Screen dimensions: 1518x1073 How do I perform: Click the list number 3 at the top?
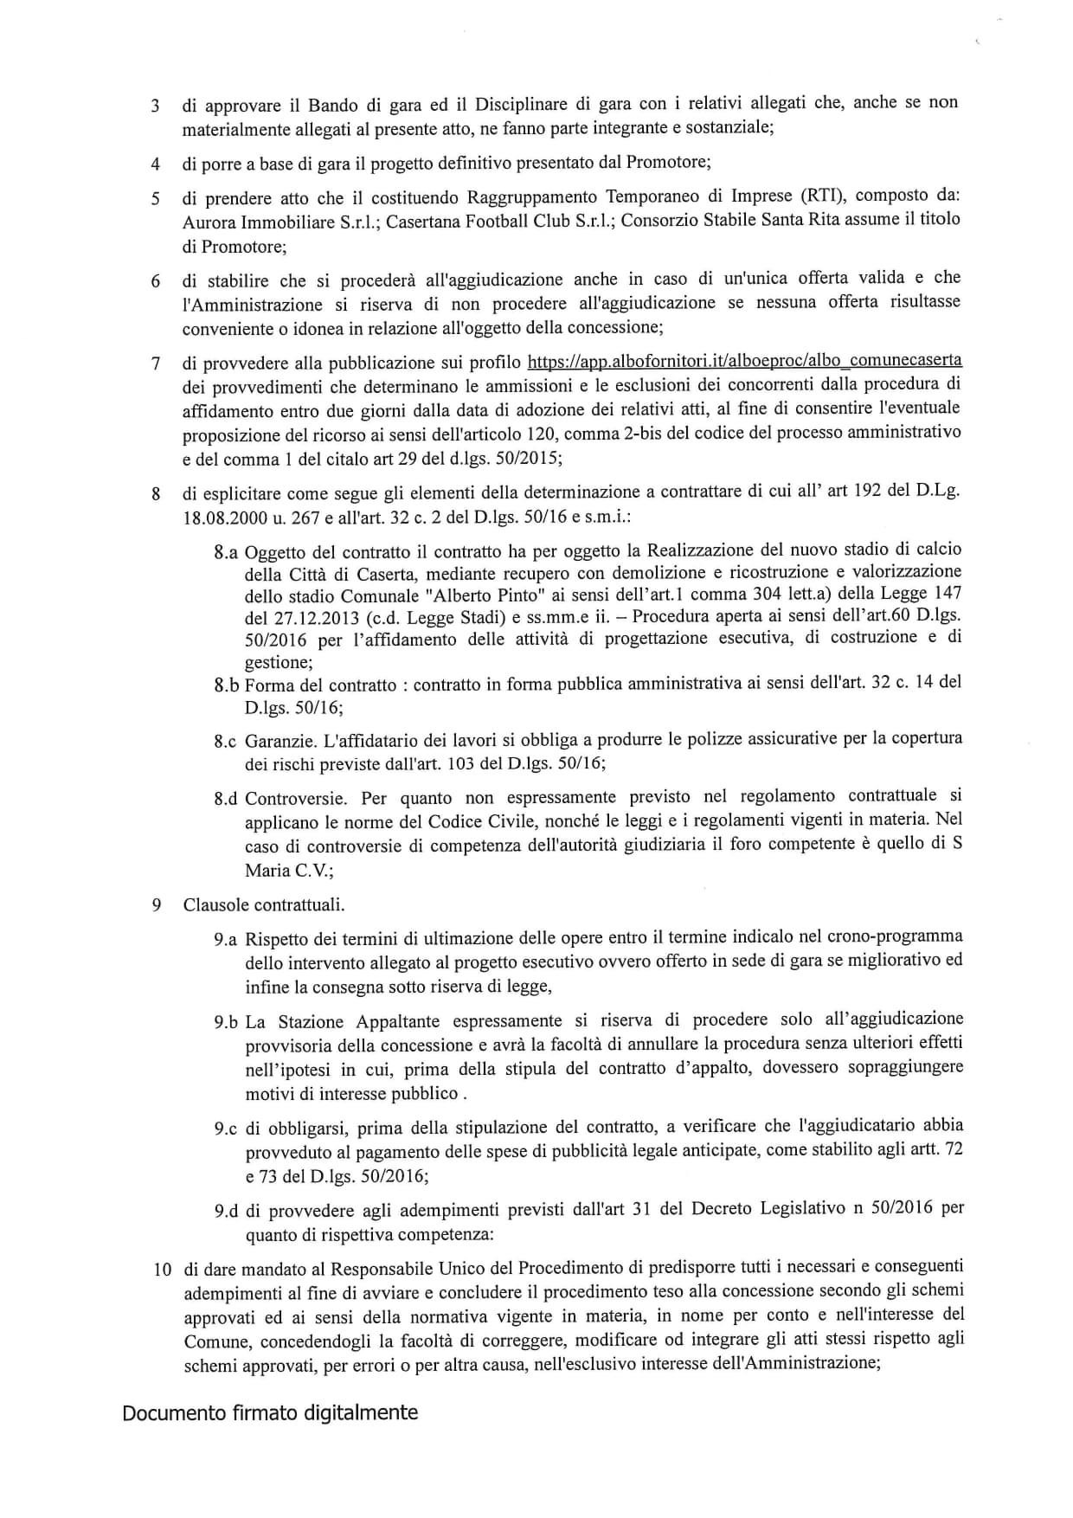pyautogui.click(x=155, y=106)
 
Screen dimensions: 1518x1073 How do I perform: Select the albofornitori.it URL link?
pyautogui.click(x=744, y=361)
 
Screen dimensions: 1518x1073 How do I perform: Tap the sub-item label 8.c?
pyautogui.click(x=226, y=742)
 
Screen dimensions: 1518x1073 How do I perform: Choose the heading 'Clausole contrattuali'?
pyautogui.click(x=264, y=905)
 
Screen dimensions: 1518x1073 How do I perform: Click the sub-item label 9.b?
pyautogui.click(x=226, y=1022)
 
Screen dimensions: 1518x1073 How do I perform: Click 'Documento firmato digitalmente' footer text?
pyautogui.click(x=270, y=1412)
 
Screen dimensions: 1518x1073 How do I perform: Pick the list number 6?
pyautogui.click(x=156, y=282)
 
